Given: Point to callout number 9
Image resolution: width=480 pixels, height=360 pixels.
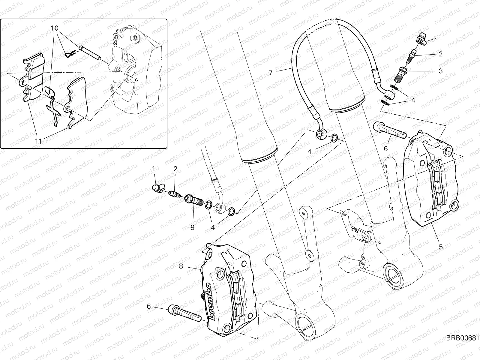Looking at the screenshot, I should point(192,227).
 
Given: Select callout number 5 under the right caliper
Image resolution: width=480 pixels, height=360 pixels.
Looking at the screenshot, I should point(440,247).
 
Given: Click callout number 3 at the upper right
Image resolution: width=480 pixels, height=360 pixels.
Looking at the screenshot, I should point(441,71).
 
